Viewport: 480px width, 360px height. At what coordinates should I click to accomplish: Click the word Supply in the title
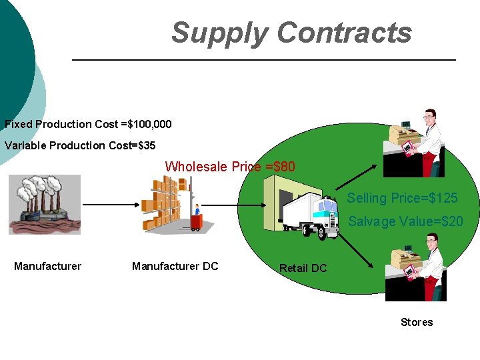tap(219, 33)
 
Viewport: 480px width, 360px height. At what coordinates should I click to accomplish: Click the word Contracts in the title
tap(344, 33)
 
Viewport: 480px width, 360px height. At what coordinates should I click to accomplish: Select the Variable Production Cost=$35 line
tap(80, 145)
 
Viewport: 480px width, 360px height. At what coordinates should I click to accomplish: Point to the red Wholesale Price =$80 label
tap(230, 167)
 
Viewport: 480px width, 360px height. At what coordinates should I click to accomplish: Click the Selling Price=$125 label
tap(402, 198)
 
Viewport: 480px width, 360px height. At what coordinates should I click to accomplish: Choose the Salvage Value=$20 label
tap(405, 221)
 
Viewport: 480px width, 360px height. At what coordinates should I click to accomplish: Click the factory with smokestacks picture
tap(45, 204)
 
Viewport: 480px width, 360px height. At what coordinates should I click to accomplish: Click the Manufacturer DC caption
tap(175, 267)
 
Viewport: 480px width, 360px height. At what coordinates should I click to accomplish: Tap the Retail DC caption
tap(303, 268)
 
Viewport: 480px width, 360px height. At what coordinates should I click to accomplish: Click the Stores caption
tap(417, 322)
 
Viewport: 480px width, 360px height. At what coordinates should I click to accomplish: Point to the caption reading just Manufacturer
tap(47, 267)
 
